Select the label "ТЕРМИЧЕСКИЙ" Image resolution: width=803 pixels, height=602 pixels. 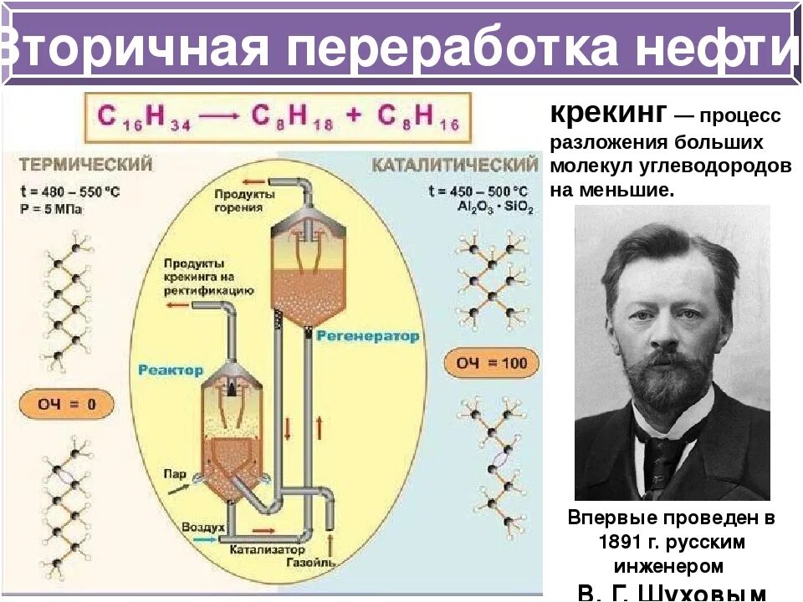click(85, 164)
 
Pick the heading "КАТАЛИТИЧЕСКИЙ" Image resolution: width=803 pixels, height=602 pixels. click(454, 164)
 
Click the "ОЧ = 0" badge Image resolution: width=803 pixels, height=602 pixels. click(66, 406)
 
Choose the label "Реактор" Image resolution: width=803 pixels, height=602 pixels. click(171, 370)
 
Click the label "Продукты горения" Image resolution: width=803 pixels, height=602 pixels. click(243, 200)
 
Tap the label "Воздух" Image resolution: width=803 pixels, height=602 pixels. click(204, 528)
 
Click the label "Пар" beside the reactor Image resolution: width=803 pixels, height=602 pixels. click(175, 473)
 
